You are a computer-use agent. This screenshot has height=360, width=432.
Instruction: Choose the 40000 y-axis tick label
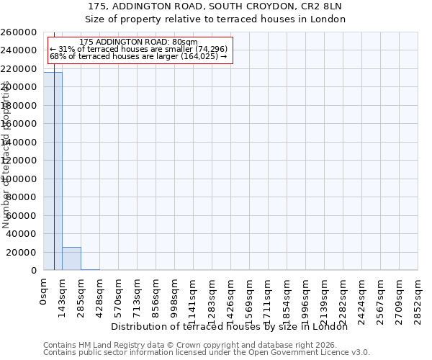tap(22, 234)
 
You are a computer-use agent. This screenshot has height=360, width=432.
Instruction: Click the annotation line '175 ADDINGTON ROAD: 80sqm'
tap(138, 42)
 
